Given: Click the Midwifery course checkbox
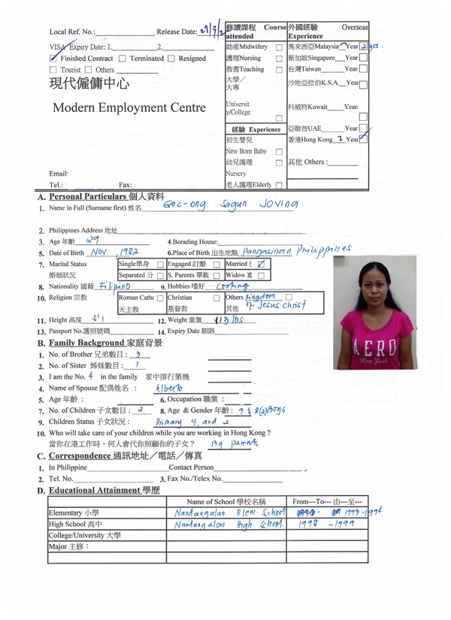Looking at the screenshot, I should [279, 47].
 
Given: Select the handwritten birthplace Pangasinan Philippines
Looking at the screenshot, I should [298, 251].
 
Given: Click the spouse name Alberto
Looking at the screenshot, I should [168, 389].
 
